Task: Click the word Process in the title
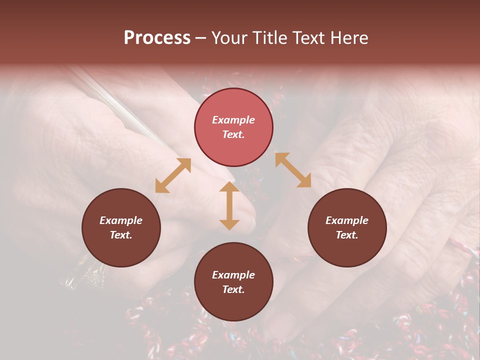pos(157,37)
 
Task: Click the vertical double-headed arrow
pos(229,206)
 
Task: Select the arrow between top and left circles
pos(173,175)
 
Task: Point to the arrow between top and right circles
pos(293,170)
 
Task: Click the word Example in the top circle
pos(233,120)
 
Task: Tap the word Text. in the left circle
pos(121,235)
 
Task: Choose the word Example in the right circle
pos(347,220)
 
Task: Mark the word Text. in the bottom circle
pos(233,289)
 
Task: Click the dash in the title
pos(200,38)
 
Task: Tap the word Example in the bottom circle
pos(233,275)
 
